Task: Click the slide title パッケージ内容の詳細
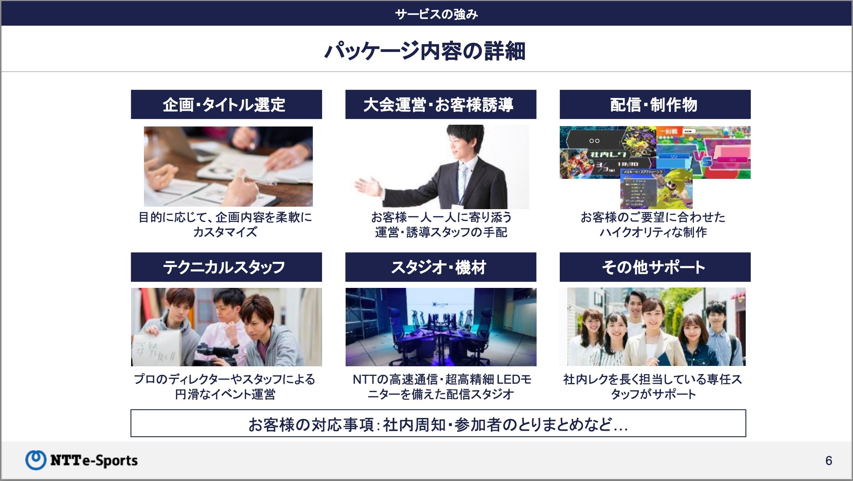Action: [425, 51]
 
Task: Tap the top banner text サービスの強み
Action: [436, 14]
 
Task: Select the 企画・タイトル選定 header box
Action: [226, 104]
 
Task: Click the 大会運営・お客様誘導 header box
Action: [440, 104]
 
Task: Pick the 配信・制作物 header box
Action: [655, 104]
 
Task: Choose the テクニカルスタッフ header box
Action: [226, 267]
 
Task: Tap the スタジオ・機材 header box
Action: [440, 267]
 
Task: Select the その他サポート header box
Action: [655, 267]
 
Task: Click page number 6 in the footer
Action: [828, 461]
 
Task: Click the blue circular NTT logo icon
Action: [36, 460]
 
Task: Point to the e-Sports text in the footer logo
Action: [110, 461]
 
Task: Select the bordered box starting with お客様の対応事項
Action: [438, 423]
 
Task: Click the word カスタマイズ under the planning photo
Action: [225, 232]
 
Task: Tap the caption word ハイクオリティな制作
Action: [653, 232]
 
